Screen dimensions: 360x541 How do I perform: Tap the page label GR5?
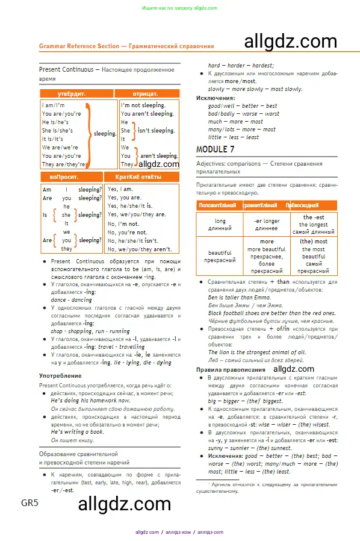pos(29,503)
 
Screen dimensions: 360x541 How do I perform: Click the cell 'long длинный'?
pos(220,225)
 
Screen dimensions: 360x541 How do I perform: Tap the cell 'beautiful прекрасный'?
pos(220,257)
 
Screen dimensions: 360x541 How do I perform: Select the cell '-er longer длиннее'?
pos(266,225)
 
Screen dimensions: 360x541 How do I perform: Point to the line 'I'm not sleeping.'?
pos(143,105)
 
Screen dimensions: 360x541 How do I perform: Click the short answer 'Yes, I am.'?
pos(120,189)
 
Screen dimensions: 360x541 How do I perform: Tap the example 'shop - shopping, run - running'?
pos(90,331)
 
